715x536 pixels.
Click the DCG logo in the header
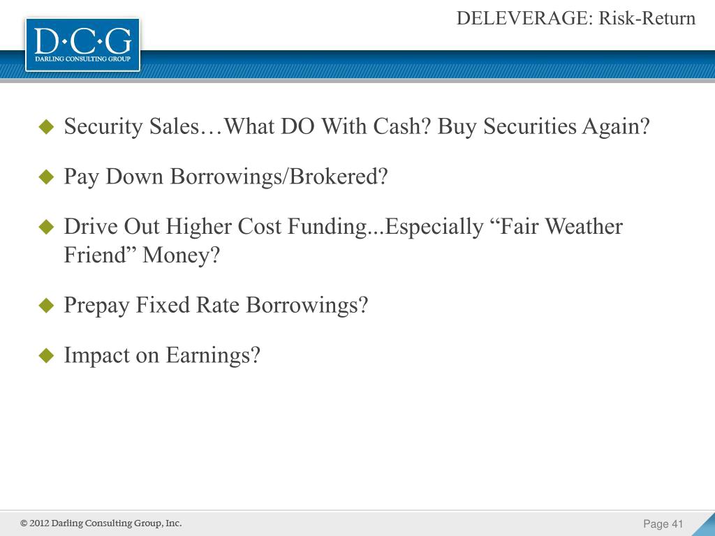pyautogui.click(x=82, y=44)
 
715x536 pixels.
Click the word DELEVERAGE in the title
pyautogui.click(x=524, y=19)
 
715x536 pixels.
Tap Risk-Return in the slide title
pyautogui.click(x=647, y=19)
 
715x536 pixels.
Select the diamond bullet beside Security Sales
pyautogui.click(x=46, y=127)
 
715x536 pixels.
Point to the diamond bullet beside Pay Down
pyautogui.click(x=46, y=177)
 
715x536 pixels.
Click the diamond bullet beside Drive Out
pyautogui.click(x=46, y=227)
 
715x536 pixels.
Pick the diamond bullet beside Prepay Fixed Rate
pyautogui.click(x=46, y=306)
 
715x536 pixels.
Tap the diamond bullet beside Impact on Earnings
pyautogui.click(x=46, y=356)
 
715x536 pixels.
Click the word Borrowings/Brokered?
pyautogui.click(x=279, y=177)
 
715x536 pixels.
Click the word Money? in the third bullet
pyautogui.click(x=181, y=255)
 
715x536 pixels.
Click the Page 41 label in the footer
pyautogui.click(x=663, y=524)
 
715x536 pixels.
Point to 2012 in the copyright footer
pyautogui.click(x=40, y=523)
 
